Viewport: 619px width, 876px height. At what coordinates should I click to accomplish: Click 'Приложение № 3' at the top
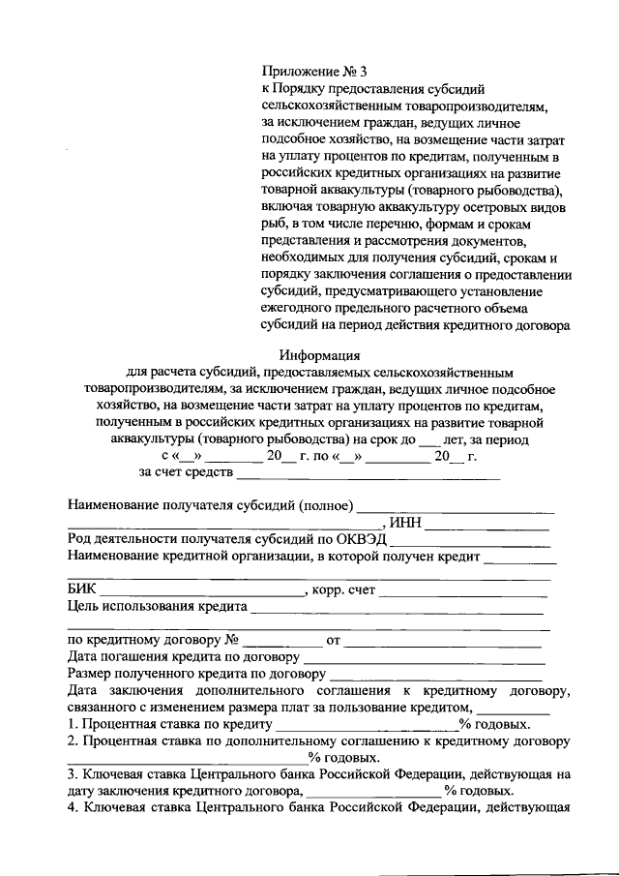[314, 71]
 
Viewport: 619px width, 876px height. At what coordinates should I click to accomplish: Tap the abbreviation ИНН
[405, 524]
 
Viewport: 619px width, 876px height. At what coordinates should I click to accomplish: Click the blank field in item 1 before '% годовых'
[367, 728]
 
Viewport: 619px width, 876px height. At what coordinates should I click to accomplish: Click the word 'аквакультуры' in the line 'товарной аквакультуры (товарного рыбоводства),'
[354, 190]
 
